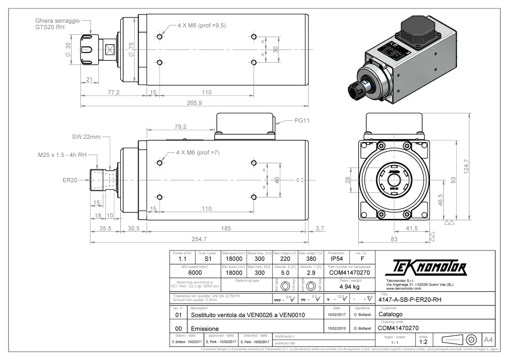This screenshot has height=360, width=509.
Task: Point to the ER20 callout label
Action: (70, 180)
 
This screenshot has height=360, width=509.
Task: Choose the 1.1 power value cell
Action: (182, 259)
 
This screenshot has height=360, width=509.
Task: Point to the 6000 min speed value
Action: (195, 273)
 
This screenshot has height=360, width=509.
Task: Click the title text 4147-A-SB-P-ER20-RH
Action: (411, 300)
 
